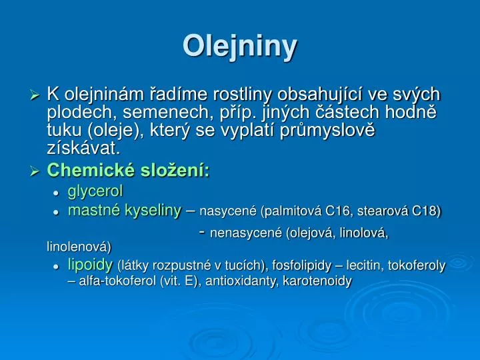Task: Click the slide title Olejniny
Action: coord(240,46)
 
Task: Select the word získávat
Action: coord(83,146)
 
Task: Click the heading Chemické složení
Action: coord(129,171)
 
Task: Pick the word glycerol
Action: coord(95,192)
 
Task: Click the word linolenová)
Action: coord(79,247)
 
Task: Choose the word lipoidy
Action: coord(90,265)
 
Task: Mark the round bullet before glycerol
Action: coord(58,193)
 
